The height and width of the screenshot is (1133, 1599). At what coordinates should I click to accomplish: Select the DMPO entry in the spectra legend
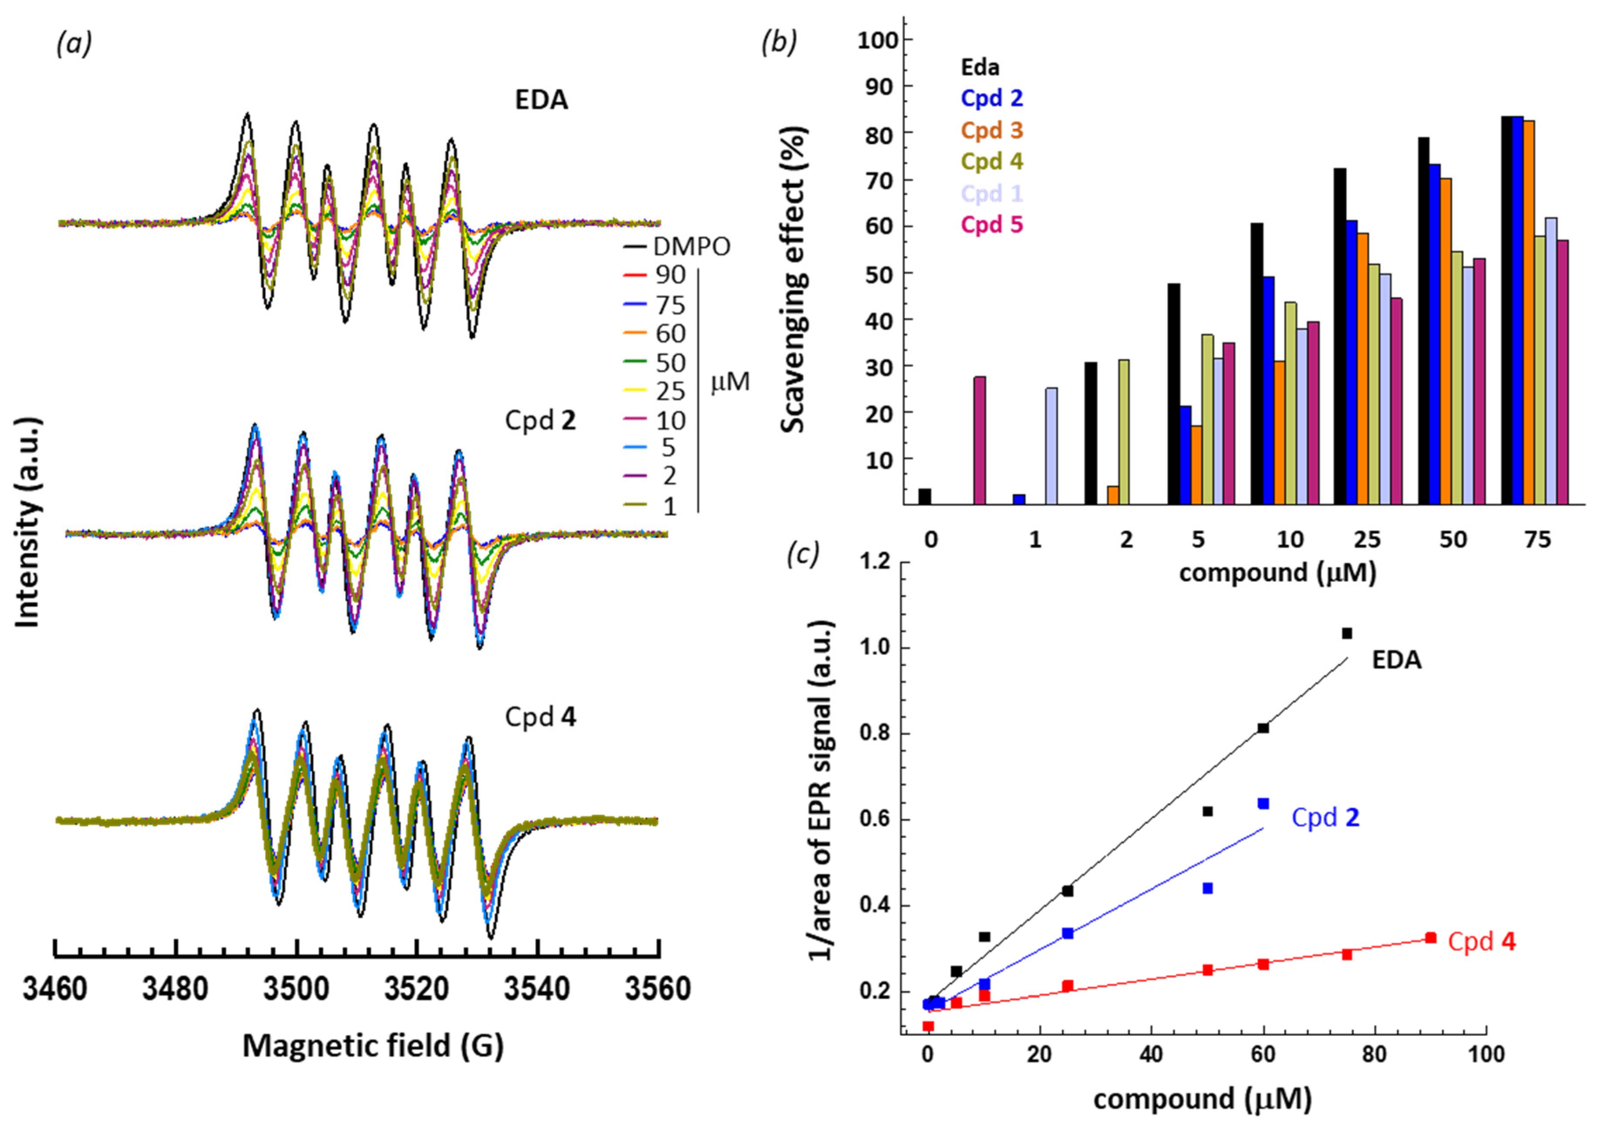(691, 246)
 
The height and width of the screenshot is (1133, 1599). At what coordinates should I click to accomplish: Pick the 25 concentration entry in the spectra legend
(670, 391)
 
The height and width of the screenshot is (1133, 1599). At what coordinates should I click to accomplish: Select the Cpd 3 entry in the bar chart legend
(991, 130)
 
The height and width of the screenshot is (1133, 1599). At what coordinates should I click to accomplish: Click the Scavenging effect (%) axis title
(793, 279)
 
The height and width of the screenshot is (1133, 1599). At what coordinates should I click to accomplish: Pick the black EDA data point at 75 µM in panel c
(1347, 634)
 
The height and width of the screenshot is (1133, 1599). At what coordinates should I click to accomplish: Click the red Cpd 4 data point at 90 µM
(1430, 938)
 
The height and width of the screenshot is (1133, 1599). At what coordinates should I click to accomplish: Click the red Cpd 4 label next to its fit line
(1481, 942)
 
